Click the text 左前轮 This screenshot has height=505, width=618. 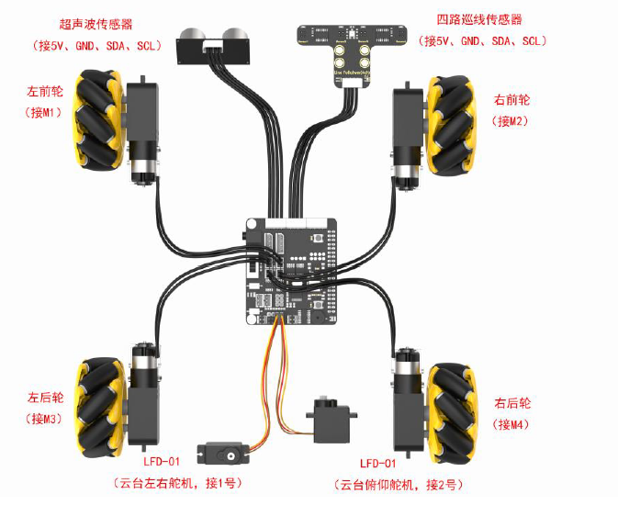47,91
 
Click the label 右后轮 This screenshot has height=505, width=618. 512,402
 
